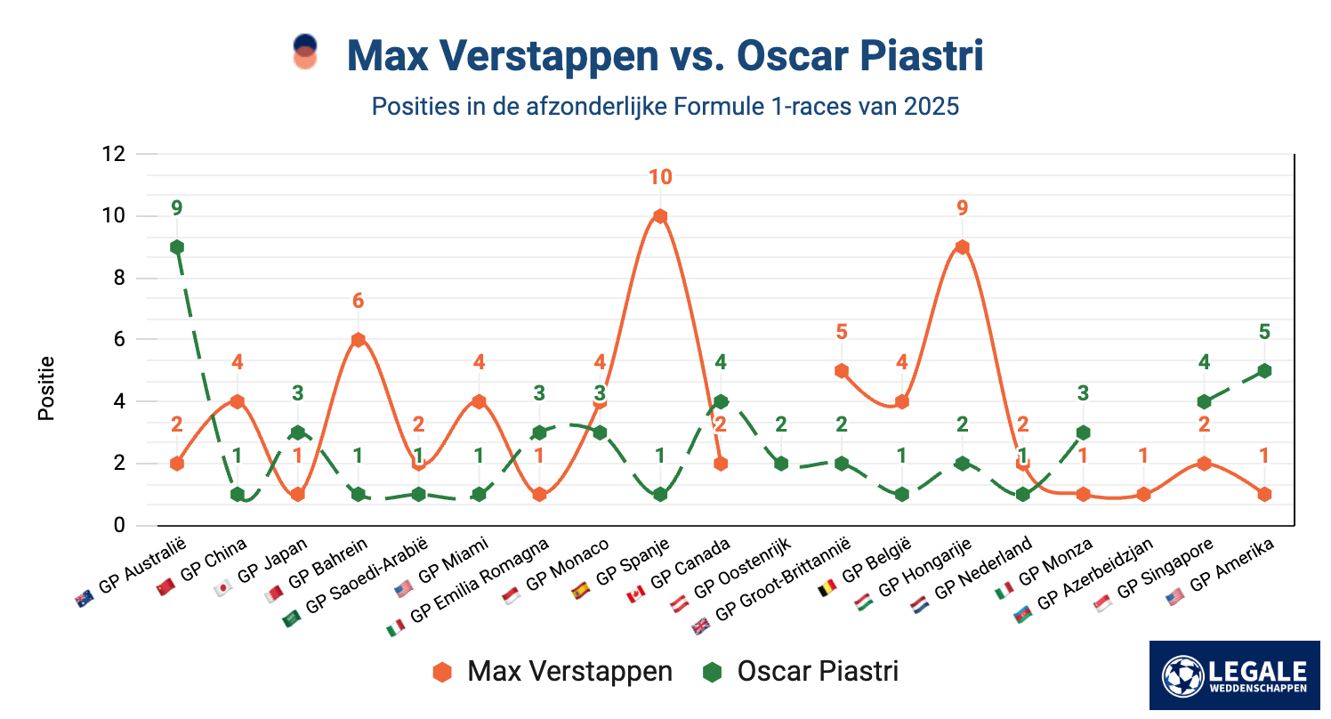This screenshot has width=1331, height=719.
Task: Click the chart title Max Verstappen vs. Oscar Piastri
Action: point(665,55)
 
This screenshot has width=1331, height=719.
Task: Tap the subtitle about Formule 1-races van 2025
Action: point(665,107)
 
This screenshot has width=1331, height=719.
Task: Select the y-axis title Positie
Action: point(46,388)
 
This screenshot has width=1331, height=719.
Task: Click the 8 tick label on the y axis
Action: point(118,278)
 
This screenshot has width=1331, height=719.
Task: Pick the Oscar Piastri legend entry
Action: point(800,672)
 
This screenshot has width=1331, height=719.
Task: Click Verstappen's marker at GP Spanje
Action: point(659,216)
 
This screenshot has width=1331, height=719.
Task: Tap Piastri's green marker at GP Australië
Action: point(177,247)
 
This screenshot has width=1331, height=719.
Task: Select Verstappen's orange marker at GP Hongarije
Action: point(962,247)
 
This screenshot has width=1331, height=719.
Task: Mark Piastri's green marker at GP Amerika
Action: point(1264,371)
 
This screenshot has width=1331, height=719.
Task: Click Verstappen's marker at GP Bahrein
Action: point(358,340)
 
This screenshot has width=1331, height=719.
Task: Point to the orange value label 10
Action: point(659,177)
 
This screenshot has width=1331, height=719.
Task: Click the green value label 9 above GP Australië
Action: point(177,208)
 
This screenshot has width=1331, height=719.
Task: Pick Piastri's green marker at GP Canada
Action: point(721,401)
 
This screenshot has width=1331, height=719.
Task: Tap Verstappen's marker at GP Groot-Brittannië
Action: point(841,371)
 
